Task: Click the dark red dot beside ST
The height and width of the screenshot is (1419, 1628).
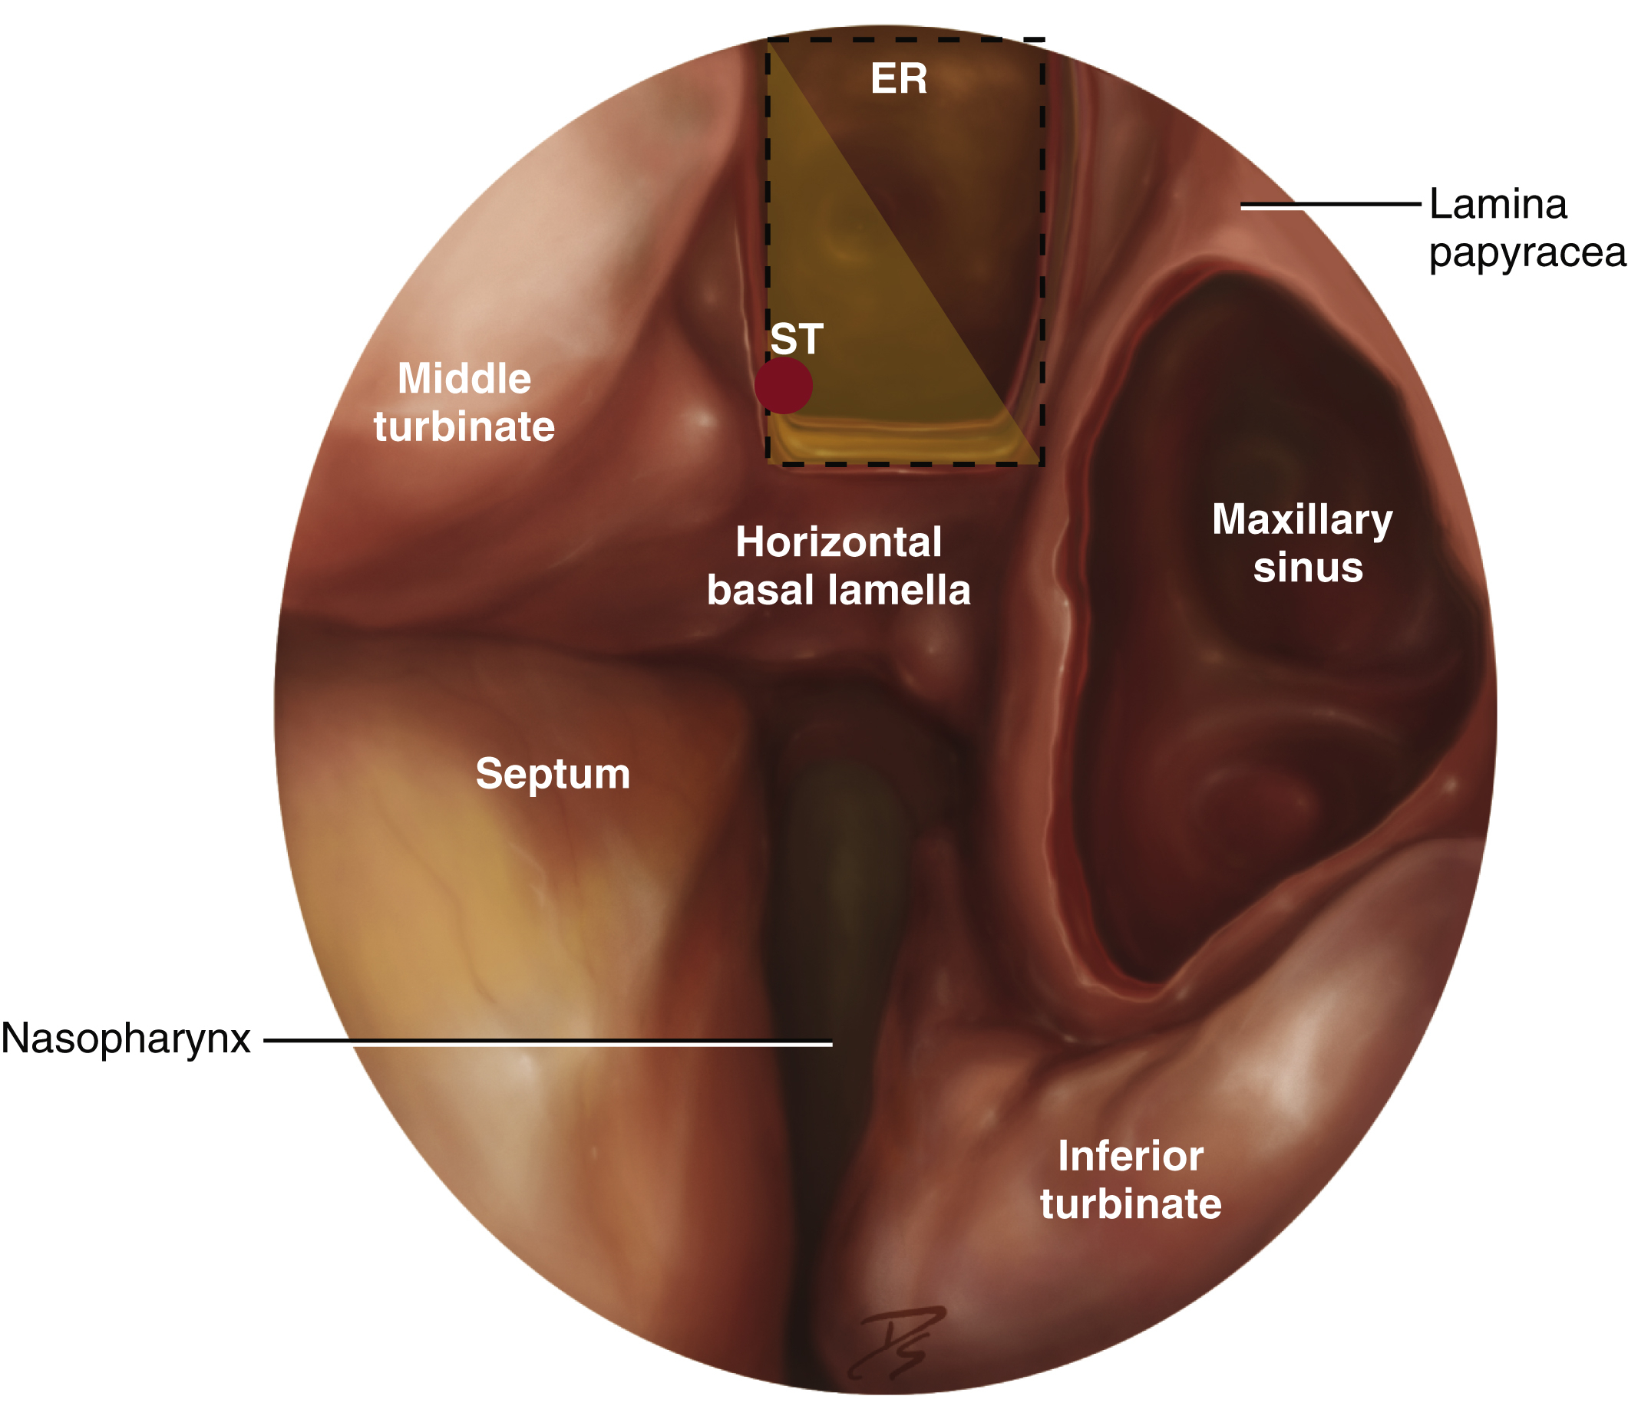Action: coord(783,386)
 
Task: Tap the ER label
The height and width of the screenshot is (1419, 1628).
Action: coord(898,79)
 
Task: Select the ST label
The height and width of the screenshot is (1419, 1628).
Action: coord(796,340)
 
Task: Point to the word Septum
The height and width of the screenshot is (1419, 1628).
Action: coord(552,774)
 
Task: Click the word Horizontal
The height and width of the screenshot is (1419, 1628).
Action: coord(838,542)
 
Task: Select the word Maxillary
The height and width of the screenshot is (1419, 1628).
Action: coord(1302,521)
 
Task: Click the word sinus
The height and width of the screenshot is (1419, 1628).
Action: coord(1308,568)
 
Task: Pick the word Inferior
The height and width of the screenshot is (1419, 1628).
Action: coord(1131,1156)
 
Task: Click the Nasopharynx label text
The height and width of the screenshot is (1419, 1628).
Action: coord(126,1038)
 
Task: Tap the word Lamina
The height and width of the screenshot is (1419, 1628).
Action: coord(1498,204)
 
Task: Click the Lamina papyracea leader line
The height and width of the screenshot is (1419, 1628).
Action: coord(1331,205)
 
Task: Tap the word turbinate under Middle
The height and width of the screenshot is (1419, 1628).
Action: coord(464,426)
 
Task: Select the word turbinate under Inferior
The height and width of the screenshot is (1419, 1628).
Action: coord(1131,1203)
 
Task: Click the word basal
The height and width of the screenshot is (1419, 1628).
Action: coord(760,591)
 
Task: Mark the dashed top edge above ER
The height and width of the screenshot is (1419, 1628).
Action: coord(903,39)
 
